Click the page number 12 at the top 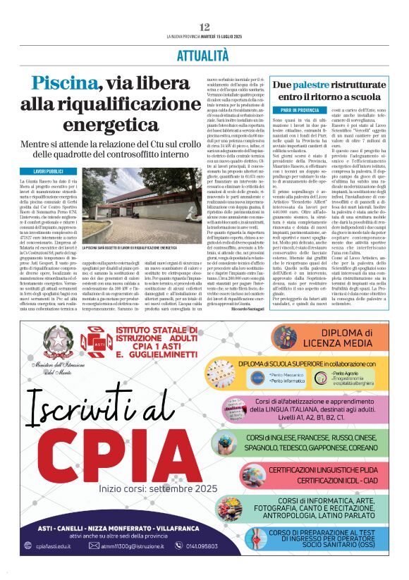(x=204, y=27)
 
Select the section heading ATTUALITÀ (x=204, y=54)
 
